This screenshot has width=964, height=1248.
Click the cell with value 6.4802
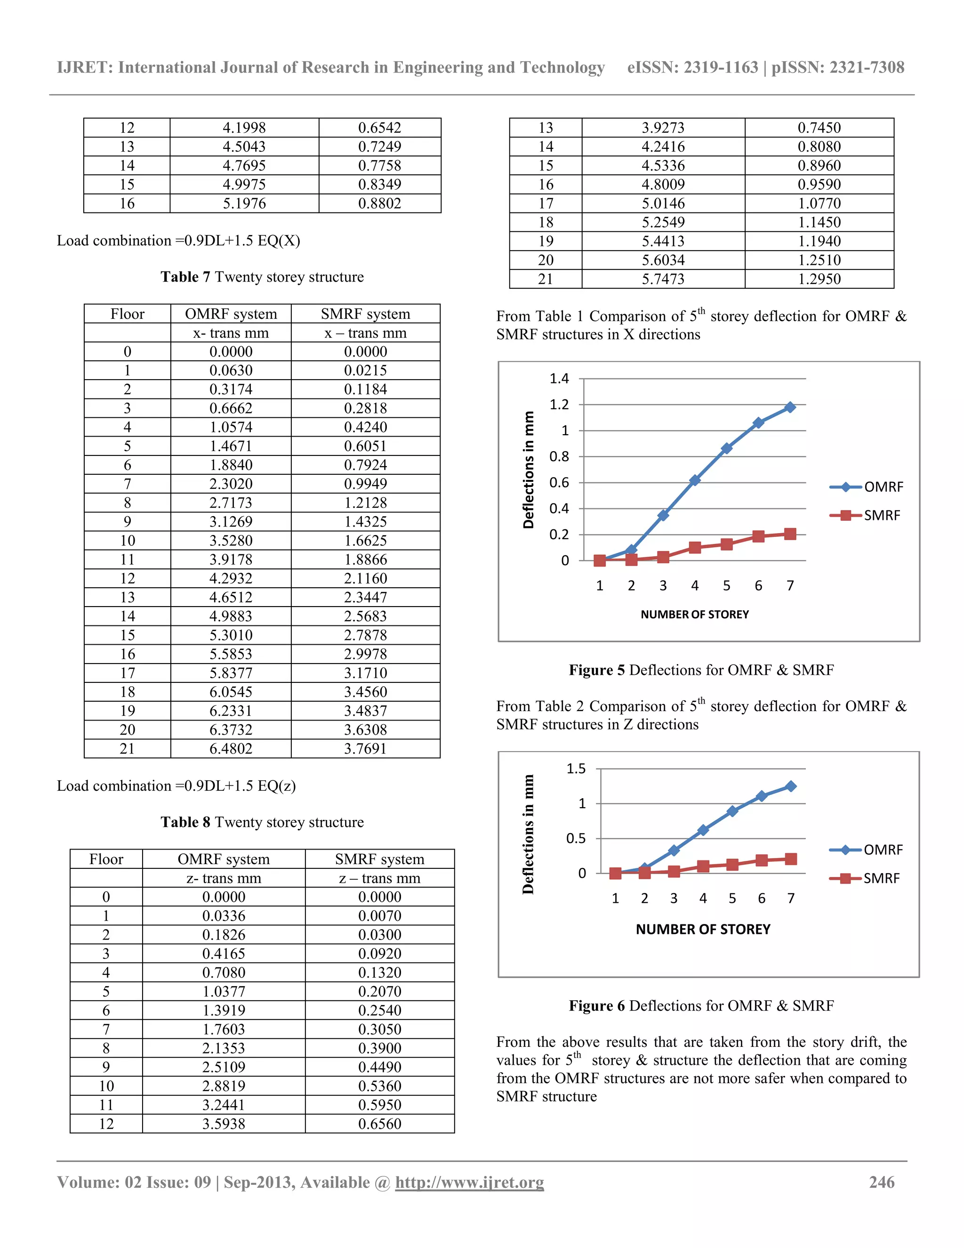(x=231, y=749)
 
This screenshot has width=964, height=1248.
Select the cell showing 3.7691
(x=365, y=749)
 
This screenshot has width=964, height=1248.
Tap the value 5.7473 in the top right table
(x=663, y=279)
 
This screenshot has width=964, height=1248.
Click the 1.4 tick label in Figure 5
(x=559, y=378)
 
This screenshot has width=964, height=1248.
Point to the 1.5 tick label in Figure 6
(x=576, y=769)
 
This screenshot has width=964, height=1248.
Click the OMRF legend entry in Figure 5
(x=883, y=487)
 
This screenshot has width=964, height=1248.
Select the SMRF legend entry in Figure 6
(x=881, y=878)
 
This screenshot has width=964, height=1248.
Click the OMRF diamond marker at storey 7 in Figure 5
(x=790, y=407)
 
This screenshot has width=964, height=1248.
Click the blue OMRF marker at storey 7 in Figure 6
(x=791, y=786)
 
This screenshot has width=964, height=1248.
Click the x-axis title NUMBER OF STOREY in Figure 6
(x=703, y=930)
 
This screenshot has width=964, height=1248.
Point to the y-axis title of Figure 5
(x=529, y=470)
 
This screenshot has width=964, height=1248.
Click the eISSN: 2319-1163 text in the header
(x=692, y=67)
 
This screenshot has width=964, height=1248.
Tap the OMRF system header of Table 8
(x=223, y=859)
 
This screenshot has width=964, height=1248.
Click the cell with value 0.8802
(x=380, y=203)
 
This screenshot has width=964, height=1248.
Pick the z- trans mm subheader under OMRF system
(x=223, y=878)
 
